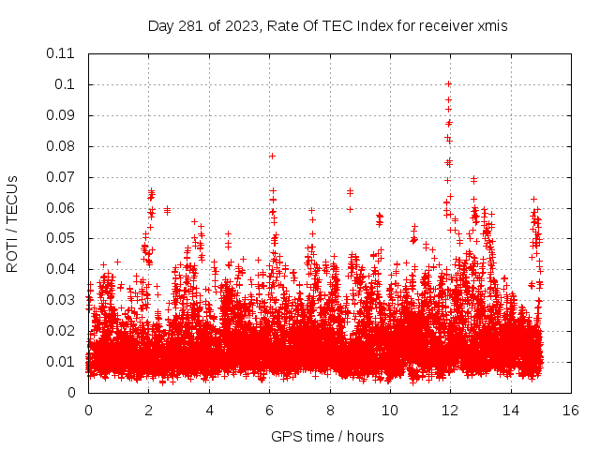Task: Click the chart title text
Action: (x=328, y=25)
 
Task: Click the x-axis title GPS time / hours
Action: (x=327, y=436)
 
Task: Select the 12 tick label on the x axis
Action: (x=450, y=410)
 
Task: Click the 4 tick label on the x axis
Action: (x=209, y=410)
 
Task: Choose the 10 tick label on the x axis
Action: (x=390, y=410)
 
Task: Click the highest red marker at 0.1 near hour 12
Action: (x=449, y=84)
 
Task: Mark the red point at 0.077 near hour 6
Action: (x=272, y=156)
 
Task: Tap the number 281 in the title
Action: (x=192, y=25)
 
